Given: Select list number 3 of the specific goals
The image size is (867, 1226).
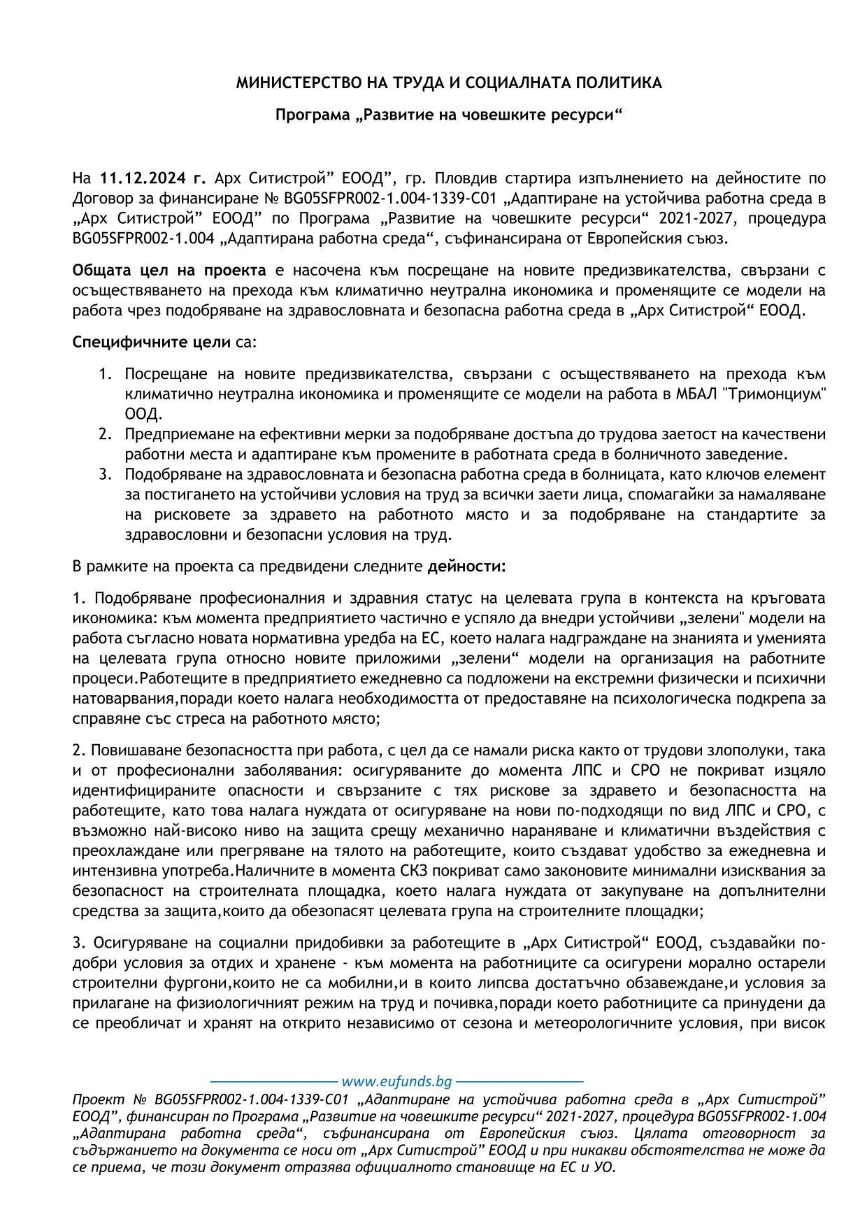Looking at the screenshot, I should tap(105, 475).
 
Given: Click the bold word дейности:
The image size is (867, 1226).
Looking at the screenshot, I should tap(466, 566).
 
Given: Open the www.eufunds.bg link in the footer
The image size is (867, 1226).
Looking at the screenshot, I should tap(396, 1082).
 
